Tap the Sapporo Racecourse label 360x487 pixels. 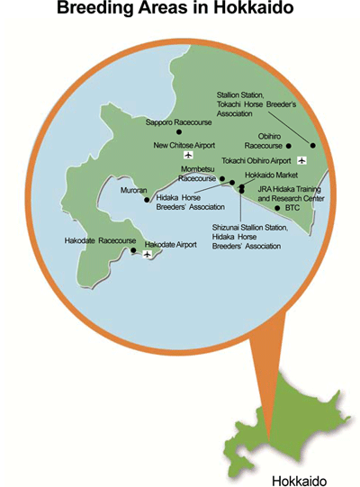click(x=178, y=121)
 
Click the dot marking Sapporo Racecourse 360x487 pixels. click(x=178, y=132)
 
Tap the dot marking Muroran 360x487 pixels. click(x=146, y=200)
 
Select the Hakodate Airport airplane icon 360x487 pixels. click(x=146, y=254)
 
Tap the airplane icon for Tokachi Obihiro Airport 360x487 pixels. click(x=301, y=159)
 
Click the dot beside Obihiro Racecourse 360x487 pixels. click(x=290, y=145)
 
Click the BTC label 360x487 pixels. click(x=292, y=207)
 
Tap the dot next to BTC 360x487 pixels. click(x=274, y=207)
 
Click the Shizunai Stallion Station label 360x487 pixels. click(x=250, y=229)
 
